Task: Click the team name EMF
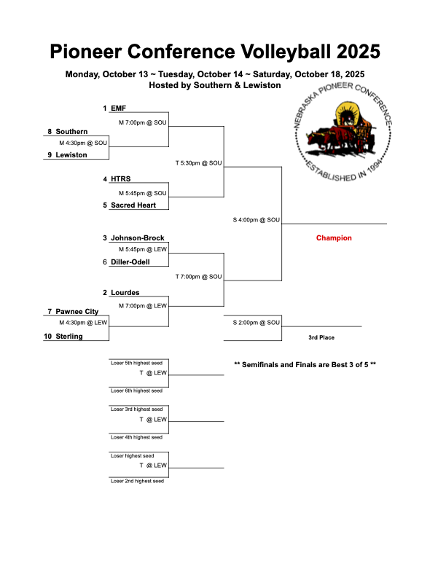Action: (x=118, y=108)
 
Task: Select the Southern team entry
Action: (x=71, y=131)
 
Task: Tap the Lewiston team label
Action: (x=71, y=154)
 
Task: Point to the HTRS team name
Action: (x=121, y=178)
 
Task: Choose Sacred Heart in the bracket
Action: (x=133, y=205)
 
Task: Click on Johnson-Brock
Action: (x=137, y=238)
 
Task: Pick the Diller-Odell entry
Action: (x=130, y=262)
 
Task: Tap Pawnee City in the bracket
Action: (x=77, y=311)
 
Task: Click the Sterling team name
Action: (x=69, y=336)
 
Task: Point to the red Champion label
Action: (x=334, y=238)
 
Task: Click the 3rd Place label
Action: (x=321, y=337)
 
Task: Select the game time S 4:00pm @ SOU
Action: (x=256, y=219)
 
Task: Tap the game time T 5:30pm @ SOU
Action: (x=198, y=162)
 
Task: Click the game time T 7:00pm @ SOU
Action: (x=198, y=277)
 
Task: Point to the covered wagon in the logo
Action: (x=343, y=130)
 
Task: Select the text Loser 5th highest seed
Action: (x=136, y=362)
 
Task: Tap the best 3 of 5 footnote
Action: (x=305, y=364)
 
